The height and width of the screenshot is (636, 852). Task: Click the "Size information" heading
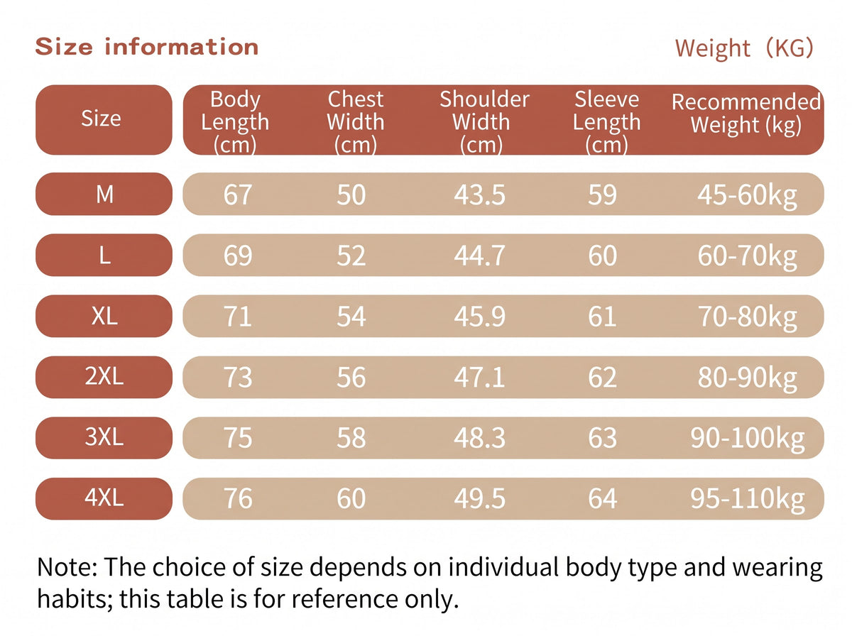pos(147,48)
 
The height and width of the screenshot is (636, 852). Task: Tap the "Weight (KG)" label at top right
pos(743,48)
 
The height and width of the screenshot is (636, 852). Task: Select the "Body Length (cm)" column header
pos(235,122)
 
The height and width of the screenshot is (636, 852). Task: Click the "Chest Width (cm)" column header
pos(356,122)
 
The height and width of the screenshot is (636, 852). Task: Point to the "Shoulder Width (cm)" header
pos(484,122)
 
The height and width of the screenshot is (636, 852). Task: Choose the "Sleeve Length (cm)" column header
pos(606,122)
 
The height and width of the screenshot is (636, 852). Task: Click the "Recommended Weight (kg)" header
pos(746,114)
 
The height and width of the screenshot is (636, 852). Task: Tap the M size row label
pos(104,194)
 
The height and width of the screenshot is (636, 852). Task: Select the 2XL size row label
pos(104,376)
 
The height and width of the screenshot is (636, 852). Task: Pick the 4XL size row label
pos(104,498)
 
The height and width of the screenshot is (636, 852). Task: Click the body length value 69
pos(238,256)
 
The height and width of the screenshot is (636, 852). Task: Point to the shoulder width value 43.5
pos(480,194)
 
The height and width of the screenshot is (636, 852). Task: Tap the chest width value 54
pos(351,317)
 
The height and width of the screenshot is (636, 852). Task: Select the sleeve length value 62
pos(602,377)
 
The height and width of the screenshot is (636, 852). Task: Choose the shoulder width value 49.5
pos(480,498)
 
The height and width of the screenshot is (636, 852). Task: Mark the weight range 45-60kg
pos(747,196)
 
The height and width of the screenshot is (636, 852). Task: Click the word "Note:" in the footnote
pos(67,567)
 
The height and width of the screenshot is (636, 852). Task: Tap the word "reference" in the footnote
pos(344,599)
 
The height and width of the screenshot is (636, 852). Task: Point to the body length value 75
pos(238,438)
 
